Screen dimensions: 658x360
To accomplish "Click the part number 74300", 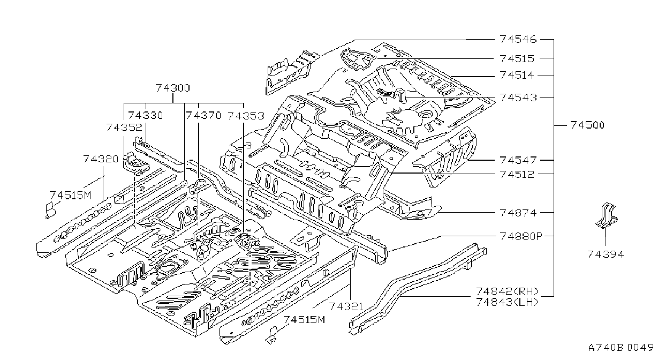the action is tap(173, 88).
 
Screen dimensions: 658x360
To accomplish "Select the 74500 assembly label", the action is tap(587, 125).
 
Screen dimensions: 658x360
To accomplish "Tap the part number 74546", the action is tap(518, 39).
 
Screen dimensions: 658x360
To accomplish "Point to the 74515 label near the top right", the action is tap(517, 58).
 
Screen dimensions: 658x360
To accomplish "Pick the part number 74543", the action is tap(518, 97).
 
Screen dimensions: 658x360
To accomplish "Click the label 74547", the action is tap(518, 160).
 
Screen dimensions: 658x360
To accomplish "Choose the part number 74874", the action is tap(518, 213).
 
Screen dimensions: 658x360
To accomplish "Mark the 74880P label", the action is tap(521, 236).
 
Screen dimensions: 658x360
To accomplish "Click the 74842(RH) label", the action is tap(507, 291).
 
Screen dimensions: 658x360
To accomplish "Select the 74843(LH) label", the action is tap(507, 302).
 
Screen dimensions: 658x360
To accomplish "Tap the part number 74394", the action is tap(606, 254).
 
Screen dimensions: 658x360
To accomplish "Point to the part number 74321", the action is tap(346, 306).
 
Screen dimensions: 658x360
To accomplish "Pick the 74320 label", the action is tap(101, 159).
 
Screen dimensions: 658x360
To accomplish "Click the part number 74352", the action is tap(124, 127).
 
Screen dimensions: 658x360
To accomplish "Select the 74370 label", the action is tap(203, 115).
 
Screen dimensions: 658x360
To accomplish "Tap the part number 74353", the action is tap(246, 116).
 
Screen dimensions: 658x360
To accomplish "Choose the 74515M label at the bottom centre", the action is tap(304, 319).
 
